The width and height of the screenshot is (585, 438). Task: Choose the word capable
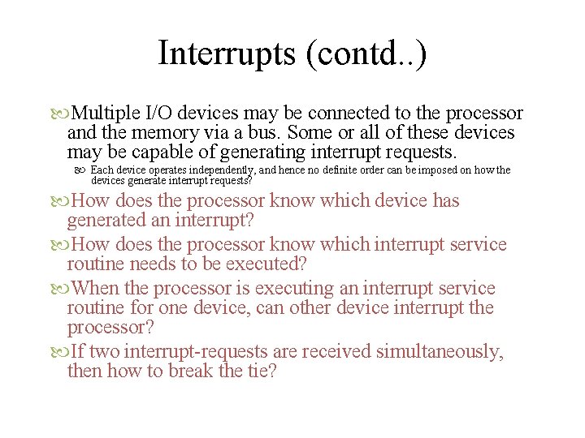[169, 152]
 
